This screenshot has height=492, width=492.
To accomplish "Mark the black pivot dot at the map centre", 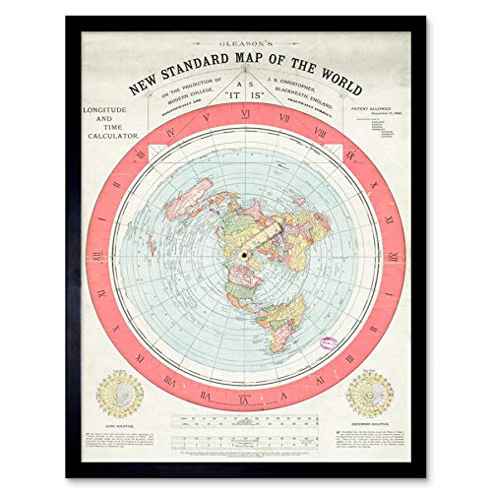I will click(244, 252).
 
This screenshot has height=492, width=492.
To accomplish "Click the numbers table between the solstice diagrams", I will click(246, 423).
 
